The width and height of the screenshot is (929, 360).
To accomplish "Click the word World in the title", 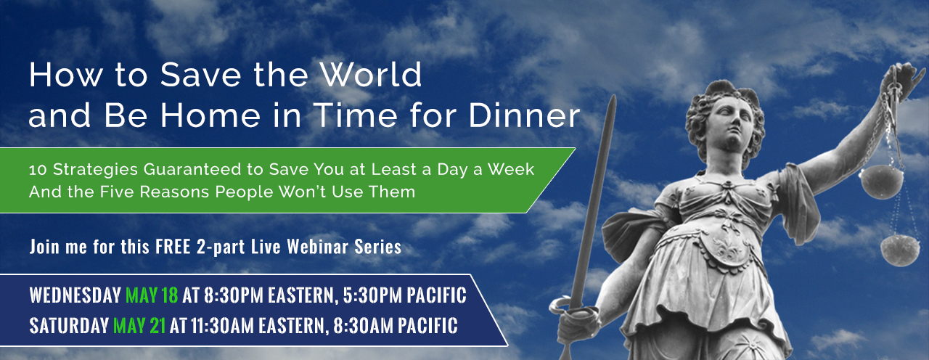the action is [371, 75].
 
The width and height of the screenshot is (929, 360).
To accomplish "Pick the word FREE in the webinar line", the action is [173, 247].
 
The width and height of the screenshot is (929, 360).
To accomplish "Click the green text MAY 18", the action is [152, 295].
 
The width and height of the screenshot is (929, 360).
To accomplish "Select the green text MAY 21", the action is [139, 325].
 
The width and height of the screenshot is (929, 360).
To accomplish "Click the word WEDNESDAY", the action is [75, 295].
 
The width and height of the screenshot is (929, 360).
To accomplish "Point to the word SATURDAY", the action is [69, 325].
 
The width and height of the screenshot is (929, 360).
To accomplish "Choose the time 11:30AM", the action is [222, 325].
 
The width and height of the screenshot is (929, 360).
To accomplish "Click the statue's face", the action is [731, 123].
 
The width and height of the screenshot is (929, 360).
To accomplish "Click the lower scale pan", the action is [901, 250].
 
